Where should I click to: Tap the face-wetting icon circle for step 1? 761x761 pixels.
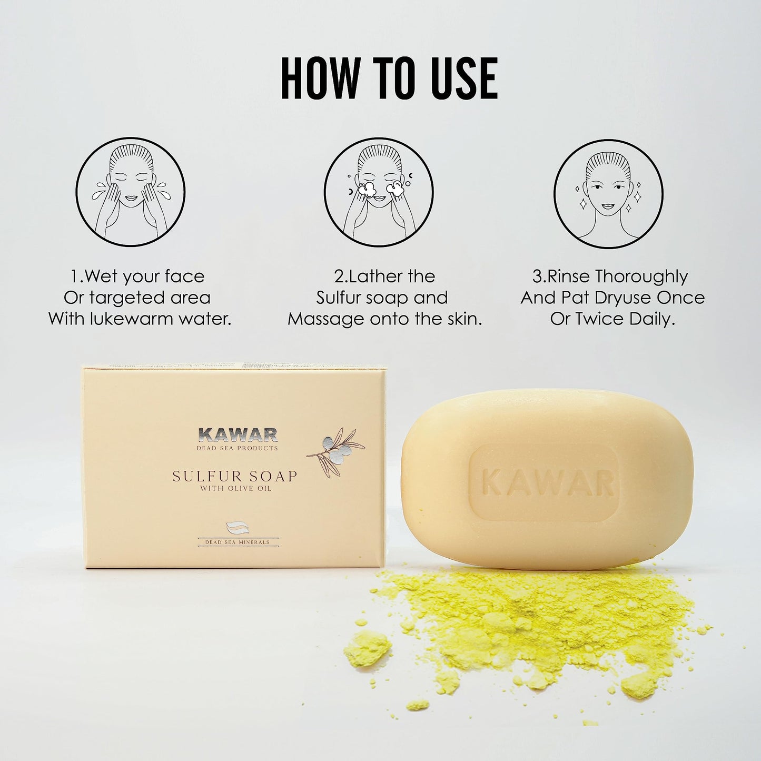[130, 192]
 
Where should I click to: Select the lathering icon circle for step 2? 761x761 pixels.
[378, 192]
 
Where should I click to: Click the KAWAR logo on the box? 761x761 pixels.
[238, 434]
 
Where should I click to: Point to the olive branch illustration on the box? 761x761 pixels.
[337, 451]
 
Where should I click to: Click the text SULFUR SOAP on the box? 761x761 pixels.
[235, 476]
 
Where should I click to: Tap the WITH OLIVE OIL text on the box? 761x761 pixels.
[235, 489]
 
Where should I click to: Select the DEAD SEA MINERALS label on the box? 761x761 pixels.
[238, 541]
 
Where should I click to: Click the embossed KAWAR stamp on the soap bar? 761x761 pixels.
[548, 483]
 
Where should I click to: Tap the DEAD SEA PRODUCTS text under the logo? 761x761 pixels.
[237, 448]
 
